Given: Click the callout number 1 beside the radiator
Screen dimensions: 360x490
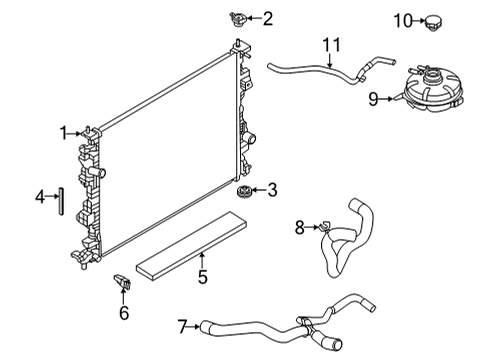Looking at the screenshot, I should tap(62, 131).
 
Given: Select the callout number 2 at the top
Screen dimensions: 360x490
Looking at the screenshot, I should tap(267, 17).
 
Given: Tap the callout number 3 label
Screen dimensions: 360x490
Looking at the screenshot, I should tap(271, 189).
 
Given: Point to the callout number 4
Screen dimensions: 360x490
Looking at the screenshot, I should tap(40, 197).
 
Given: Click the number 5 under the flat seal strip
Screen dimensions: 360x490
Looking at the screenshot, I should tap(202, 276).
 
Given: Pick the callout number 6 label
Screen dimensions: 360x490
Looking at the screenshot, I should tap(124, 313).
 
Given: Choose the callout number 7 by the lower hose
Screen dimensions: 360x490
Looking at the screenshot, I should tap(181, 325).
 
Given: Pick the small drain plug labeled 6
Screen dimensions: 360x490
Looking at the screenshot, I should tap(121, 283).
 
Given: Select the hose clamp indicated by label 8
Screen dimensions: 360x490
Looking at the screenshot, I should tap(322, 228).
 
